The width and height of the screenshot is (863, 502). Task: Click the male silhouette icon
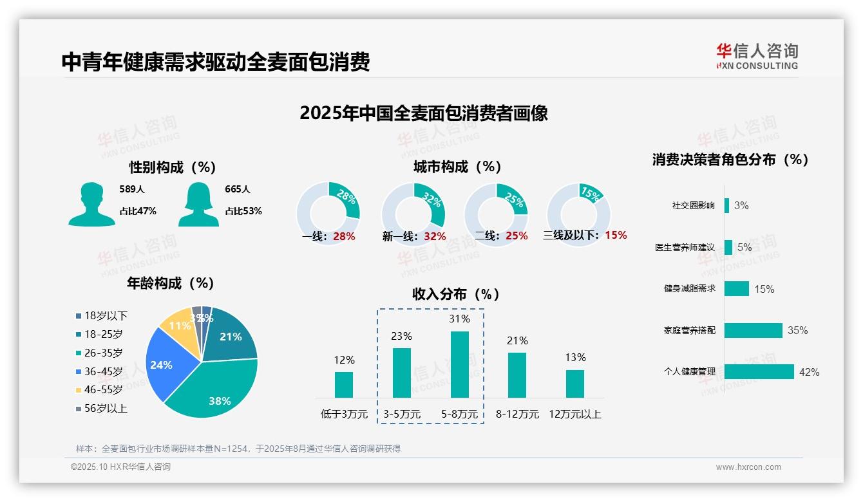91,204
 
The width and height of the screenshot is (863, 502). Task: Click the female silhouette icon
198,204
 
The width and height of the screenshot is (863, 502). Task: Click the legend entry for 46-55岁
103,389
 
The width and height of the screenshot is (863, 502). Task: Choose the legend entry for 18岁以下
106,315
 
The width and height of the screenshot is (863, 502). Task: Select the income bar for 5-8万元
459,364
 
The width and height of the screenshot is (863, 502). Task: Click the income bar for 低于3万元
344,384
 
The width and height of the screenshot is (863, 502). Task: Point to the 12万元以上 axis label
574,414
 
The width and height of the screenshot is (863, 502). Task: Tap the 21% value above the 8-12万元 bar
517,340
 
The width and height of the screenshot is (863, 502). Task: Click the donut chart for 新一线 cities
413,214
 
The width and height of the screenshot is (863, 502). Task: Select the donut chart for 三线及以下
578,214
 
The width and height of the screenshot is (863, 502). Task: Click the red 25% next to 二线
517,236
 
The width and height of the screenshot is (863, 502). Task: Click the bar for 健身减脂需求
736,288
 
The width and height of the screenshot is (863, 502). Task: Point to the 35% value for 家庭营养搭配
797,330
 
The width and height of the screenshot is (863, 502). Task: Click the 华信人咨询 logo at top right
757,56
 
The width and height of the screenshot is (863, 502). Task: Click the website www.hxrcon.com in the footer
748,467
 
